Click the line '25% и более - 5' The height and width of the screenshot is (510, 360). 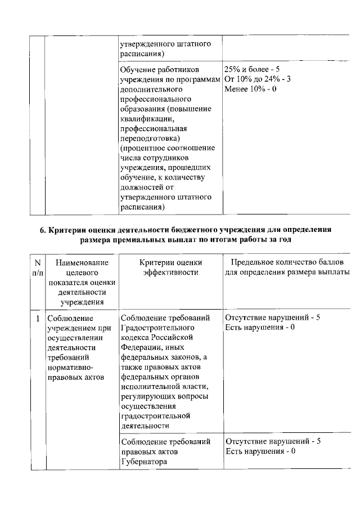pos(251,69)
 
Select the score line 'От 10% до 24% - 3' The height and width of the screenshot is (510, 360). pos(257,79)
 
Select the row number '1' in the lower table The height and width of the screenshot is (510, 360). pos(37,318)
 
